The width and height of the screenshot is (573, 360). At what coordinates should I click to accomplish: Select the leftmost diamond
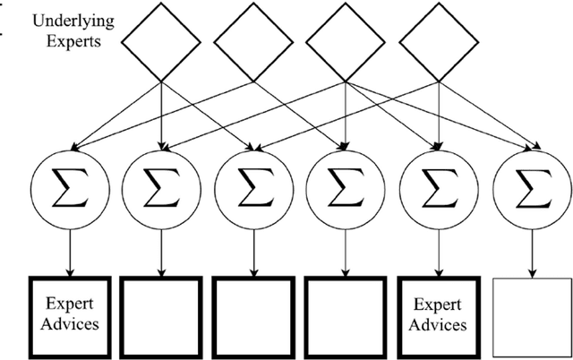[162, 40]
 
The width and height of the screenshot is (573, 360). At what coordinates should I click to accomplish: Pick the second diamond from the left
[253, 40]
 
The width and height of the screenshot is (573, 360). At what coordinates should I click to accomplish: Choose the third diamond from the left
[346, 40]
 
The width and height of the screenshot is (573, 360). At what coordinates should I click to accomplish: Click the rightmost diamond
[438, 40]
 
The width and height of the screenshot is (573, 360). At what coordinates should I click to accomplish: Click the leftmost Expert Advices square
[69, 314]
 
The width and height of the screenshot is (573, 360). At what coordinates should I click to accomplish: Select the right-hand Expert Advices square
[438, 314]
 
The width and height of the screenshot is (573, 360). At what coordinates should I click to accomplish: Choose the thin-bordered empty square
[532, 314]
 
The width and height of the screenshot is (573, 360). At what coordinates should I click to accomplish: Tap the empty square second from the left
[161, 314]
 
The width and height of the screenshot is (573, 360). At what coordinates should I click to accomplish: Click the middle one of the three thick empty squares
[253, 314]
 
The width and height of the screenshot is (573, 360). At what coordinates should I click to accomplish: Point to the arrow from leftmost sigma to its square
[69, 249]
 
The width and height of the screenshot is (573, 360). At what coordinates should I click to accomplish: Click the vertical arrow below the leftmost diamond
[162, 112]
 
